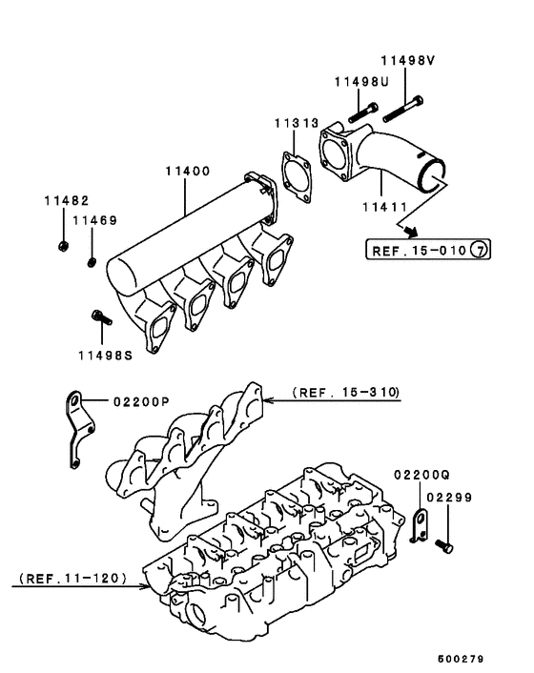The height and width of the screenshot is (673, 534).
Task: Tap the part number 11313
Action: (x=298, y=124)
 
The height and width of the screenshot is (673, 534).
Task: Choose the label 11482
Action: (x=65, y=201)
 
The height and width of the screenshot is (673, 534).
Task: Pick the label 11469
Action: (x=96, y=220)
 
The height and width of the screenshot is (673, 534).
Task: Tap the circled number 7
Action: (x=481, y=251)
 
